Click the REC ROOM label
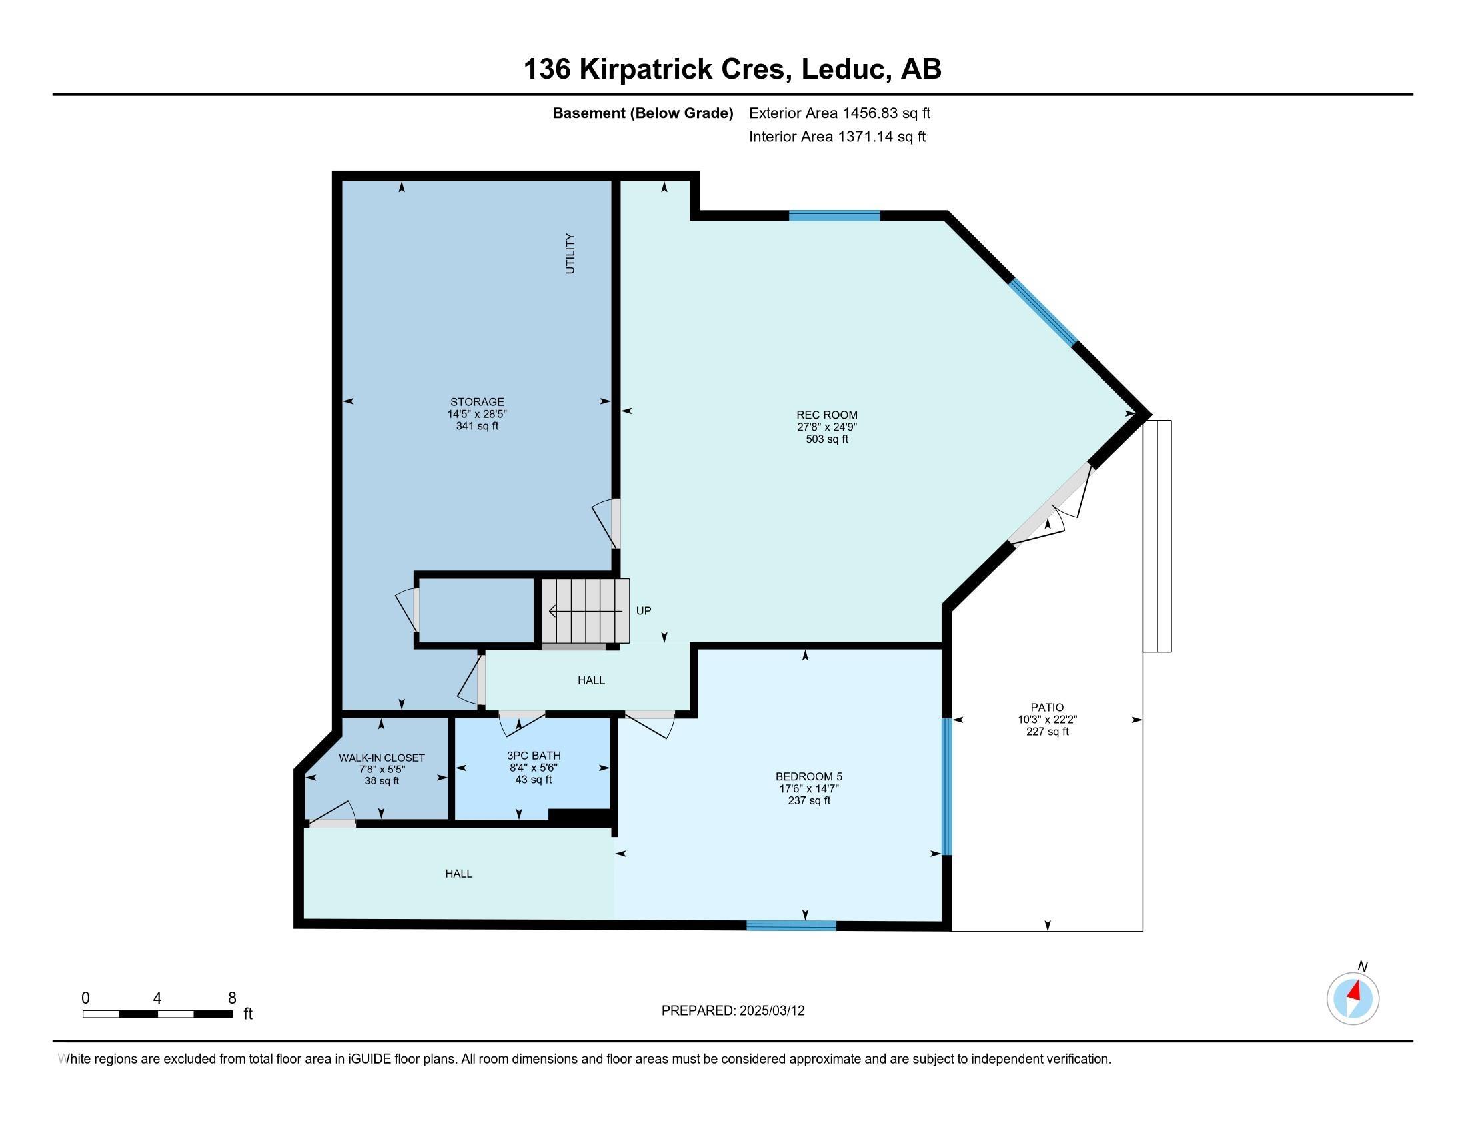pyautogui.click(x=826, y=415)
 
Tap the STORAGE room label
pyautogui.click(x=476, y=401)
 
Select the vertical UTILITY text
pyautogui.click(x=570, y=253)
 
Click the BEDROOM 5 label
pyautogui.click(x=808, y=776)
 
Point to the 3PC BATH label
pyautogui.click(x=534, y=755)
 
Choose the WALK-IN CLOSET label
pyautogui.click(x=381, y=758)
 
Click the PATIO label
pyautogui.click(x=1046, y=706)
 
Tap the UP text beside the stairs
pyautogui.click(x=643, y=610)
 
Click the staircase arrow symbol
pyautogui.click(x=584, y=611)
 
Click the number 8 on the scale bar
pyautogui.click(x=232, y=998)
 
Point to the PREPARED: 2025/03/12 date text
pyautogui.click(x=732, y=1011)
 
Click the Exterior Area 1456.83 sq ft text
pyautogui.click(x=839, y=113)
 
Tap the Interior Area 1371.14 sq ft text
pyautogui.click(x=836, y=137)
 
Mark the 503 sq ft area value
pyautogui.click(x=826, y=439)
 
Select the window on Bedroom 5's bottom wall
pyautogui.click(x=792, y=926)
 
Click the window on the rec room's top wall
pyautogui.click(x=834, y=215)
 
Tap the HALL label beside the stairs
pyautogui.click(x=590, y=680)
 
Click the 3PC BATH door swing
pyautogui.click(x=521, y=724)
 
